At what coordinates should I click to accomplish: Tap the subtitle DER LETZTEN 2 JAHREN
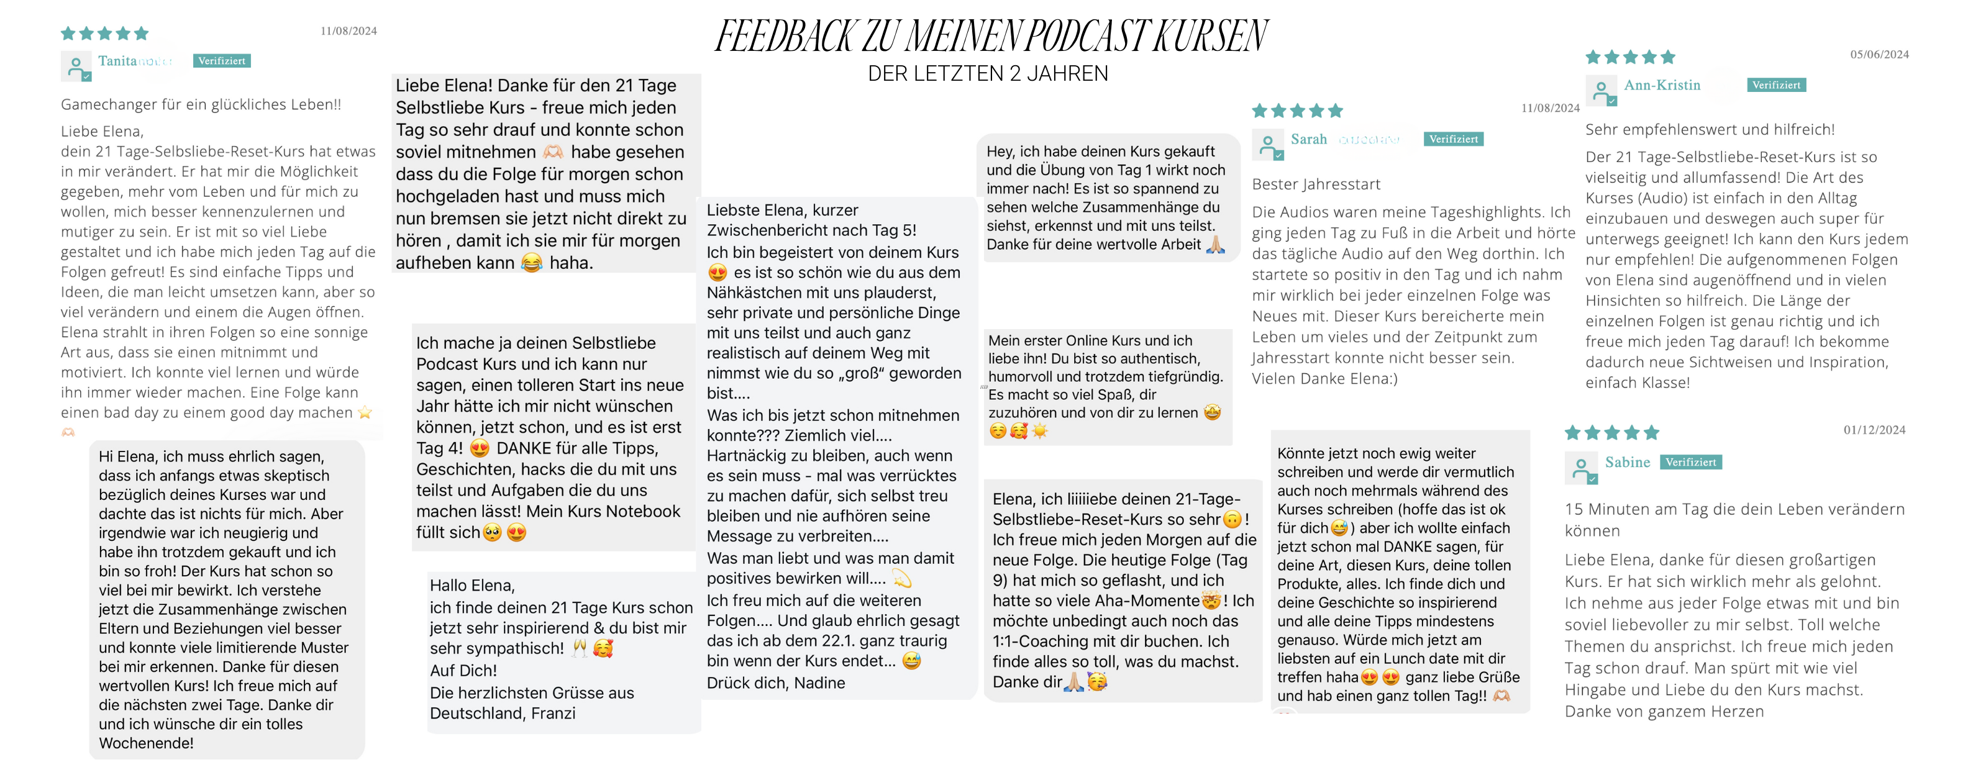[987, 74]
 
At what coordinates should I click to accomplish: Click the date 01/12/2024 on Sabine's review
[1874, 430]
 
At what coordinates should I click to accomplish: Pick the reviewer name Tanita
[117, 61]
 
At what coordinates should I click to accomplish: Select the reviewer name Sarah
[1309, 139]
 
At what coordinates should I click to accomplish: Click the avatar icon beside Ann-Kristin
[1601, 90]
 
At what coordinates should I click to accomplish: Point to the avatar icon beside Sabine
[1580, 467]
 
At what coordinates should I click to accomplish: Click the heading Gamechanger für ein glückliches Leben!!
[201, 104]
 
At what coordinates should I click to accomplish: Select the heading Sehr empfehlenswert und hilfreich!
[1709, 130]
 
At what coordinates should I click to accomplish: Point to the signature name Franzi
[553, 713]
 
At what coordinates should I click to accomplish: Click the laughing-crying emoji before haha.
[531, 263]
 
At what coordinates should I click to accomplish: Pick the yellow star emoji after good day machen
[365, 412]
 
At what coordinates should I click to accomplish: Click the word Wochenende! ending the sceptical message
[146, 743]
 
